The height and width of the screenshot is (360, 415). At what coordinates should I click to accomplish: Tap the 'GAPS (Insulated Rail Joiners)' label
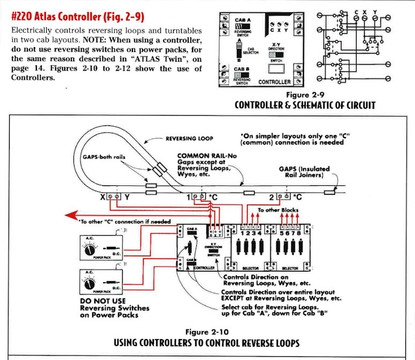tap(304, 172)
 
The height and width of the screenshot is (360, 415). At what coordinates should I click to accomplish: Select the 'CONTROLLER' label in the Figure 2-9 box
tap(275, 82)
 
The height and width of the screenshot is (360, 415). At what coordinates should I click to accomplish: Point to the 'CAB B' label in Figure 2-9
tap(243, 69)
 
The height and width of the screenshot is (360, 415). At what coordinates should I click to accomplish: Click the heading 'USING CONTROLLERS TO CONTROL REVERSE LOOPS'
tap(207, 342)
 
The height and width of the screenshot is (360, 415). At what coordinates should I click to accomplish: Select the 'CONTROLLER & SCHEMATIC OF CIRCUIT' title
tap(305, 104)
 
